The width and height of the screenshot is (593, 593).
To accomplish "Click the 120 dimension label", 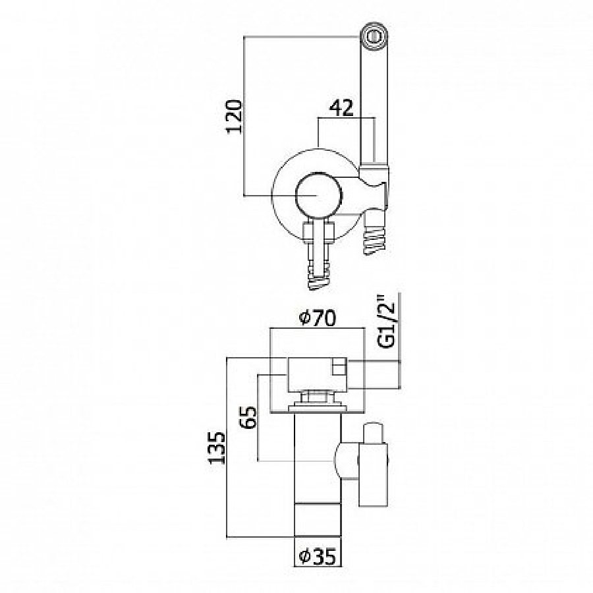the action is (234, 117).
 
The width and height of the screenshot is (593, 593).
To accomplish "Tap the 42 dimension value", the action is (341, 108).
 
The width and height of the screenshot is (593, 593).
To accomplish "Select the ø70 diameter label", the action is (317, 318).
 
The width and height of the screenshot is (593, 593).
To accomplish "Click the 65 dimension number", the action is (248, 418).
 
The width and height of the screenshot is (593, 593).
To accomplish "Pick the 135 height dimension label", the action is (217, 448).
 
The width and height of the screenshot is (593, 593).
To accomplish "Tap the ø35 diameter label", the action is (317, 556).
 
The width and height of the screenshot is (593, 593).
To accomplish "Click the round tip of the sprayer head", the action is (374, 36).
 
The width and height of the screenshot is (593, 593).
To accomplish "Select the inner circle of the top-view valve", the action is (318, 196).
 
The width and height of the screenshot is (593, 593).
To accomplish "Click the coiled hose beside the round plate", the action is (375, 237).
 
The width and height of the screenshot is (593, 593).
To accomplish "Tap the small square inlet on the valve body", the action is (339, 367).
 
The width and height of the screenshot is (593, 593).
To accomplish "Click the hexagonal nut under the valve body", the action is (318, 398).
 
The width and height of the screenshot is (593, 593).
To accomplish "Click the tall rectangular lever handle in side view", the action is (373, 474).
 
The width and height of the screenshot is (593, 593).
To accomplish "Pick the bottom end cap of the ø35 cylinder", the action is (318, 520).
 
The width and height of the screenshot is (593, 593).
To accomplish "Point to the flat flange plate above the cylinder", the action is (318, 409).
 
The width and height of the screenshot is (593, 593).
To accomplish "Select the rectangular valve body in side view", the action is (318, 374).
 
